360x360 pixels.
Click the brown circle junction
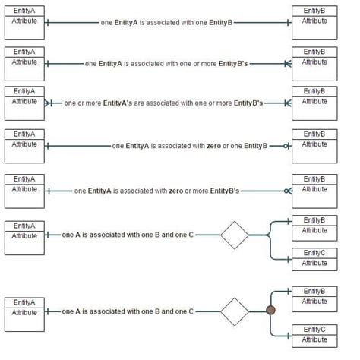(x=270, y=310)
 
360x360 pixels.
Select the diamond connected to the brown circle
(x=235, y=311)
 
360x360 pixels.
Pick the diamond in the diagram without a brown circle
(x=235, y=235)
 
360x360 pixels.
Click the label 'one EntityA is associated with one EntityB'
(x=166, y=23)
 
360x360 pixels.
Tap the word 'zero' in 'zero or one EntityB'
(x=213, y=146)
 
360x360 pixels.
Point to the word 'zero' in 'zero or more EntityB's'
(x=176, y=191)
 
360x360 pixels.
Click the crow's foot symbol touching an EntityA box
(x=48, y=103)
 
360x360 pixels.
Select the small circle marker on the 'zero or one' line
(x=286, y=146)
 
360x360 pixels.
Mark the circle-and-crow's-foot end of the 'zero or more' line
(x=288, y=191)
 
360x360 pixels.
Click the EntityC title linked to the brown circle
(x=314, y=330)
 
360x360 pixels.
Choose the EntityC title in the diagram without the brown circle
(x=314, y=253)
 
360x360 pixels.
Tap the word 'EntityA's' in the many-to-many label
(x=118, y=103)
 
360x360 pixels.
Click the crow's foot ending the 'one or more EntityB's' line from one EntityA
(x=288, y=64)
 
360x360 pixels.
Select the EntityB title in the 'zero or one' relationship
(x=314, y=134)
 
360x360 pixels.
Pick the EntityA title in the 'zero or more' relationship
(x=24, y=179)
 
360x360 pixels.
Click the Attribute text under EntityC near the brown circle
(x=314, y=339)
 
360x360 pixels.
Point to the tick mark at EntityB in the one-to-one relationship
(x=288, y=23)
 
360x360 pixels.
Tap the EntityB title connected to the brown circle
(x=314, y=291)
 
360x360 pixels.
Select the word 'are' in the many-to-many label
(x=139, y=103)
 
